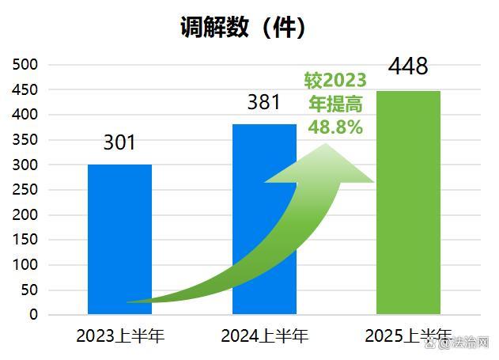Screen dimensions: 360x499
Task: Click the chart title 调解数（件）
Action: (x=243, y=28)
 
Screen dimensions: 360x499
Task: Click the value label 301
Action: (x=119, y=142)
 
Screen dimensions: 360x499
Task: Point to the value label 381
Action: (x=264, y=102)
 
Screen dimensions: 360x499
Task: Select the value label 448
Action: (x=408, y=66)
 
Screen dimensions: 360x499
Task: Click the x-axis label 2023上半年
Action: (x=120, y=335)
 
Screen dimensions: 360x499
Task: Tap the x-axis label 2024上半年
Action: (x=264, y=335)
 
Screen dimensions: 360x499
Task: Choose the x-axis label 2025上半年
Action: (x=408, y=335)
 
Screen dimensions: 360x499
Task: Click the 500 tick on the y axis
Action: (x=27, y=64)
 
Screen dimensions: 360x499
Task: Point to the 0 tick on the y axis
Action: (x=33, y=314)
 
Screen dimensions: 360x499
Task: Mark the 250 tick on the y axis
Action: (x=27, y=189)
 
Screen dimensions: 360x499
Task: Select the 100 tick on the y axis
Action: (x=27, y=264)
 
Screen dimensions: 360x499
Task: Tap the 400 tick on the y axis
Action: (x=27, y=114)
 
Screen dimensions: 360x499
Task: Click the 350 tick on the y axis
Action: (x=27, y=139)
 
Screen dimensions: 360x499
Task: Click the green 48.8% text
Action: (x=335, y=127)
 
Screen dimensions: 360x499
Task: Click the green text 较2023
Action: (x=336, y=81)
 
